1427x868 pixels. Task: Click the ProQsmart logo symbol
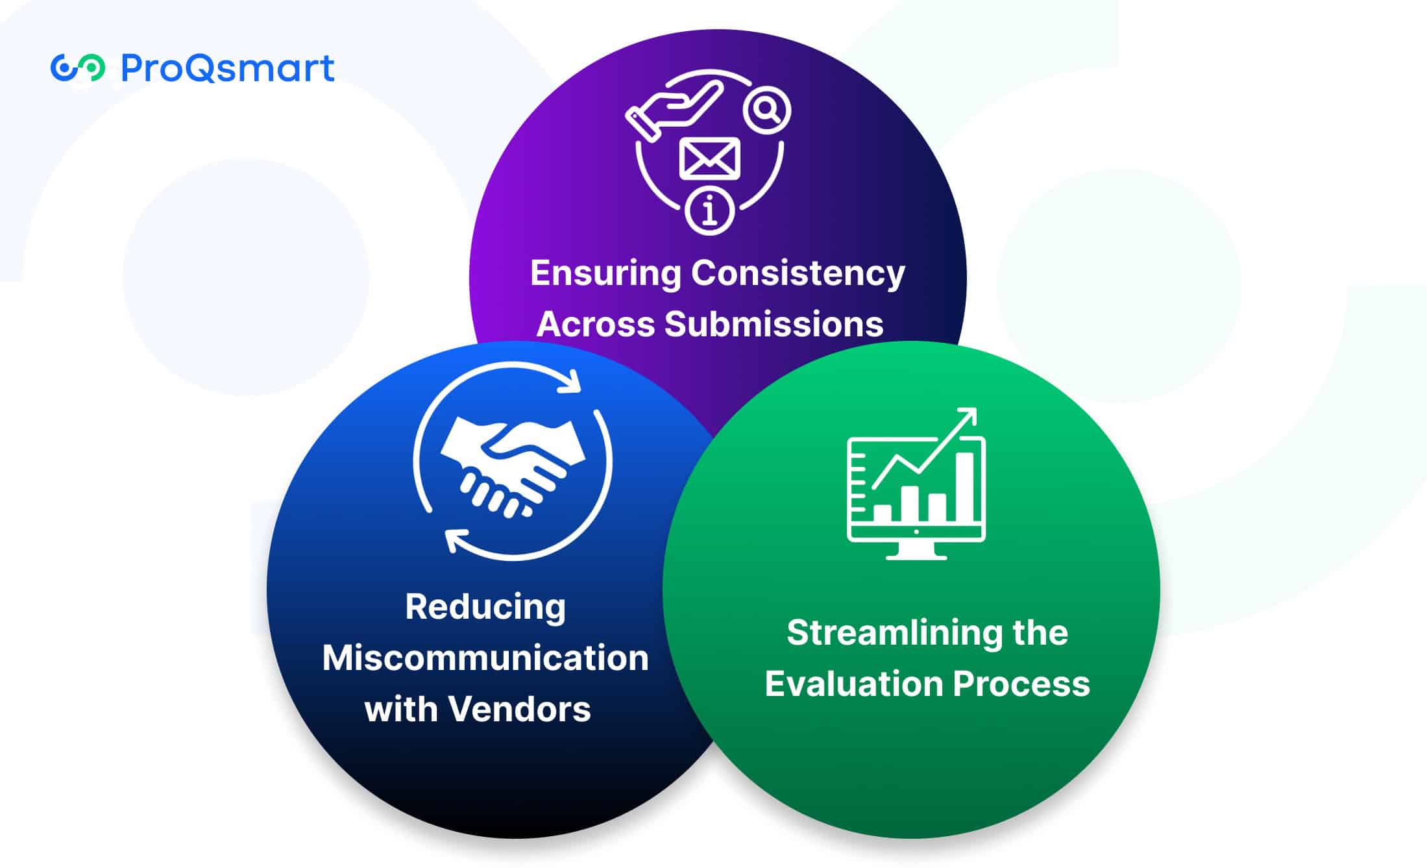(x=78, y=68)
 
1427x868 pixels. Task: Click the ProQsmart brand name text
(x=228, y=68)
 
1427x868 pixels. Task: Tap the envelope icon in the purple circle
(x=709, y=158)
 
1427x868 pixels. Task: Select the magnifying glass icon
(x=766, y=111)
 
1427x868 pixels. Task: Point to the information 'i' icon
(x=710, y=210)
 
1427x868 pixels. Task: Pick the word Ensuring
(x=605, y=273)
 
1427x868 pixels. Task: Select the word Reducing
(x=485, y=608)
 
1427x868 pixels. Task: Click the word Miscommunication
(x=485, y=658)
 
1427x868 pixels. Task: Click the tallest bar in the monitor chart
(x=965, y=487)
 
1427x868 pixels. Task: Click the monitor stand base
(x=916, y=554)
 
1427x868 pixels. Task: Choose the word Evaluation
(x=854, y=684)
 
